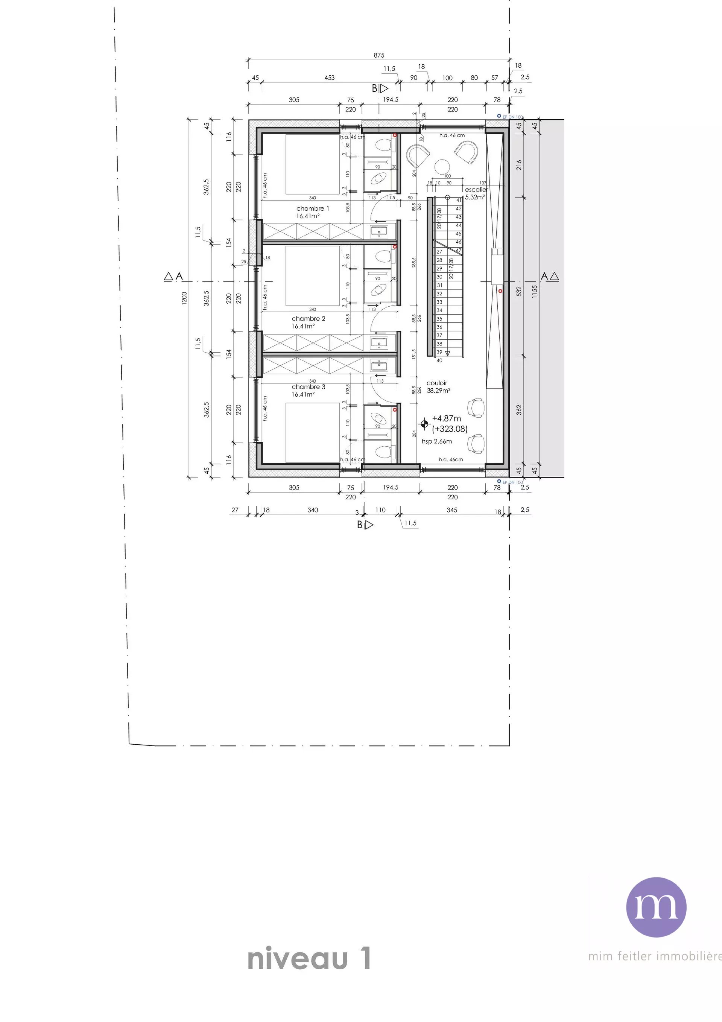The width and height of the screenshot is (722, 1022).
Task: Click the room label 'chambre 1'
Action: [313, 208]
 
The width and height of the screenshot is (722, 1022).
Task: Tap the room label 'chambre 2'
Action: [309, 319]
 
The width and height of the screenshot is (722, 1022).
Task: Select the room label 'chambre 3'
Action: [309, 387]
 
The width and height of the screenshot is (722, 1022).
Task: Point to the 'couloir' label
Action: [437, 383]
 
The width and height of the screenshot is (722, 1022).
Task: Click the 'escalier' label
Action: [476, 190]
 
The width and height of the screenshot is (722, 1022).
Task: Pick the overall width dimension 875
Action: [379, 55]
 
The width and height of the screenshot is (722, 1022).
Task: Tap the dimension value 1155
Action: [535, 292]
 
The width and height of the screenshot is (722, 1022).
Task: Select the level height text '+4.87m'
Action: [447, 418]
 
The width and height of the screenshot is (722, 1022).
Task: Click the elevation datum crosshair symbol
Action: [425, 424]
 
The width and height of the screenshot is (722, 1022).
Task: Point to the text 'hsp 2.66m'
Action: [437, 441]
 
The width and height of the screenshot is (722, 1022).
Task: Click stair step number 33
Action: [439, 302]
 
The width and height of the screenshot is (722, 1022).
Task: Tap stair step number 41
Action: [459, 200]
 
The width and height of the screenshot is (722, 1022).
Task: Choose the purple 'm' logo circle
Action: [656, 907]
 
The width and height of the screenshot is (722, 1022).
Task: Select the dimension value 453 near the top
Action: [329, 78]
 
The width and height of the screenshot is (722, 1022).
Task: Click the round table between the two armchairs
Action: [442, 166]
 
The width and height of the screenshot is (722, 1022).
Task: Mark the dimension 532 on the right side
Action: [518, 292]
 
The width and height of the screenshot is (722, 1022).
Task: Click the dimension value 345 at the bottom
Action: [452, 510]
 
